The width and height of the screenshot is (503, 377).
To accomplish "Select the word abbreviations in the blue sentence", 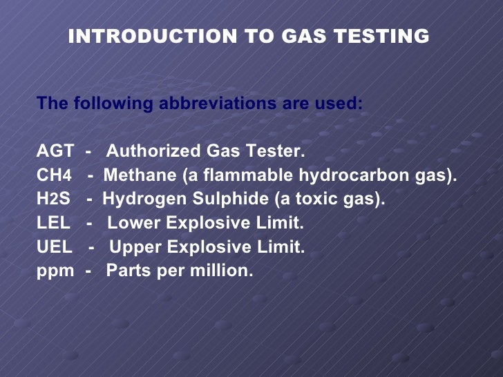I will tap(216, 104).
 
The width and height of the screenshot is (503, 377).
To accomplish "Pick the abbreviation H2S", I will tap(54, 200).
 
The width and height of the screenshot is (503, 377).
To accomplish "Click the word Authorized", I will tap(153, 151).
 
